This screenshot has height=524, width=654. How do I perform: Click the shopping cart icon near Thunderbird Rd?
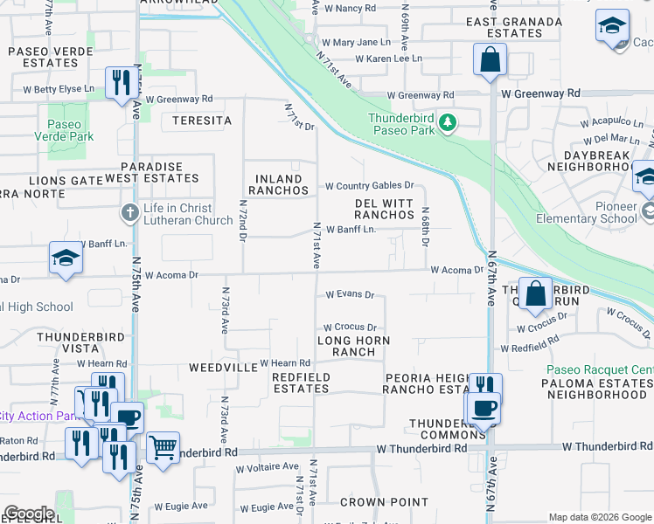coord(163,447)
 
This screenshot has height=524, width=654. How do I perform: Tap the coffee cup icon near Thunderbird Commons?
coord(484,407)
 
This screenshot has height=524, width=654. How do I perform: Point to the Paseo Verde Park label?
coord(64,130)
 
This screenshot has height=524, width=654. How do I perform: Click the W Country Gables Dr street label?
coord(369,186)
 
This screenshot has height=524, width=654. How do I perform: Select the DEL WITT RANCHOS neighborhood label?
coord(384,208)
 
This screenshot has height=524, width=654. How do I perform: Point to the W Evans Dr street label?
coord(350,295)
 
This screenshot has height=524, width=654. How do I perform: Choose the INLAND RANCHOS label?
coord(280,184)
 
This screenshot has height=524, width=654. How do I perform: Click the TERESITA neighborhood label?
coord(202,121)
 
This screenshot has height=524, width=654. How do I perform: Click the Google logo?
coord(29,514)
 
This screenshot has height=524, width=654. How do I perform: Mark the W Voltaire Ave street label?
coord(268,468)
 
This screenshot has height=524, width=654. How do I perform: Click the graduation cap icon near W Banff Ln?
coord(65,258)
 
